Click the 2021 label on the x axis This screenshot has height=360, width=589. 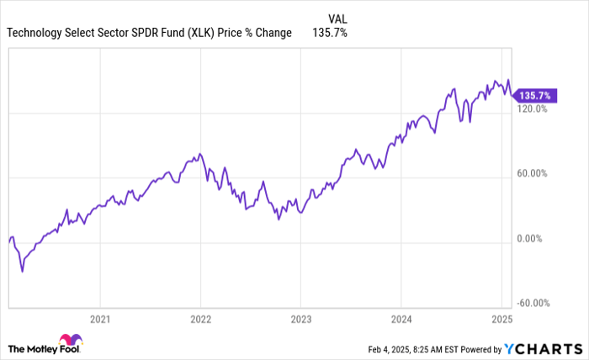100,320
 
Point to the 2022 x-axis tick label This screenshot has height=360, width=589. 200,320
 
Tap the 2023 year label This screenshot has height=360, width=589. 301,320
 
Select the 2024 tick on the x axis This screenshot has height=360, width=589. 401,320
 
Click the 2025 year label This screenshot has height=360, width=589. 501,320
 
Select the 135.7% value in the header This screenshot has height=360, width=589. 331,33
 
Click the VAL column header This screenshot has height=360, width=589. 336,17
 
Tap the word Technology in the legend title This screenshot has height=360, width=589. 35,33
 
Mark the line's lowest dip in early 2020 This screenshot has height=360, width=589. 22,272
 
